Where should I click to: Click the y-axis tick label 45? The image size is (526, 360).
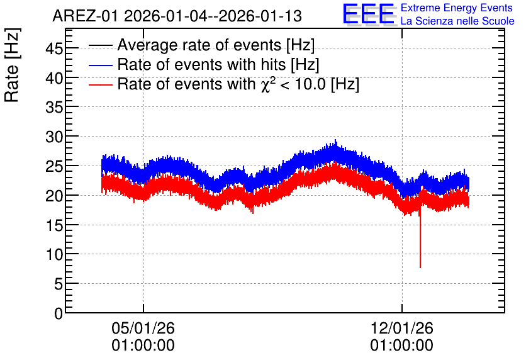tap(54, 49)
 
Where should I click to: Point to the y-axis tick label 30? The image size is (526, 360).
tap(54, 137)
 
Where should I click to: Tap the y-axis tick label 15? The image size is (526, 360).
tap(54, 225)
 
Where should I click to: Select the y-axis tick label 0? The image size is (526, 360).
tap(59, 313)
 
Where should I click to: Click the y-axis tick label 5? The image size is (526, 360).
tap(59, 284)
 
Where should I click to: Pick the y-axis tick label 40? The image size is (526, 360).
tap(54, 79)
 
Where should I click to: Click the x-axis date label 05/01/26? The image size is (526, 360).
tap(143, 328)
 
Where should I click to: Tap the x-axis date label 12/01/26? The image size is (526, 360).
tap(402, 328)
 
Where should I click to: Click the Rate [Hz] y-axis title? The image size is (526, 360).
tap(12, 65)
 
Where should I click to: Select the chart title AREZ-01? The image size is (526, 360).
tap(85, 16)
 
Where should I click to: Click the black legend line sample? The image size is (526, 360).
tap(100, 45)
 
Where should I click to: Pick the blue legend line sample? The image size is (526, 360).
tap(100, 65)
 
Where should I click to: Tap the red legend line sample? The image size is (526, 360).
tap(100, 84)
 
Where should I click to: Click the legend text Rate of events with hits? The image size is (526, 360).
tap(201, 64)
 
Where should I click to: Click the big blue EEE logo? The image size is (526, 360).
tap(368, 14)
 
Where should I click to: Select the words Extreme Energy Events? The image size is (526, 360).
tap(457, 8)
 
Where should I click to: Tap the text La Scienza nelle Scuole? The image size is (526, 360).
tap(457, 21)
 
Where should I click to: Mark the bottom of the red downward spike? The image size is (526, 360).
tap(420, 267)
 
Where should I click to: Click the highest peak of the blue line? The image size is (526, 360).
tap(335, 140)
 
